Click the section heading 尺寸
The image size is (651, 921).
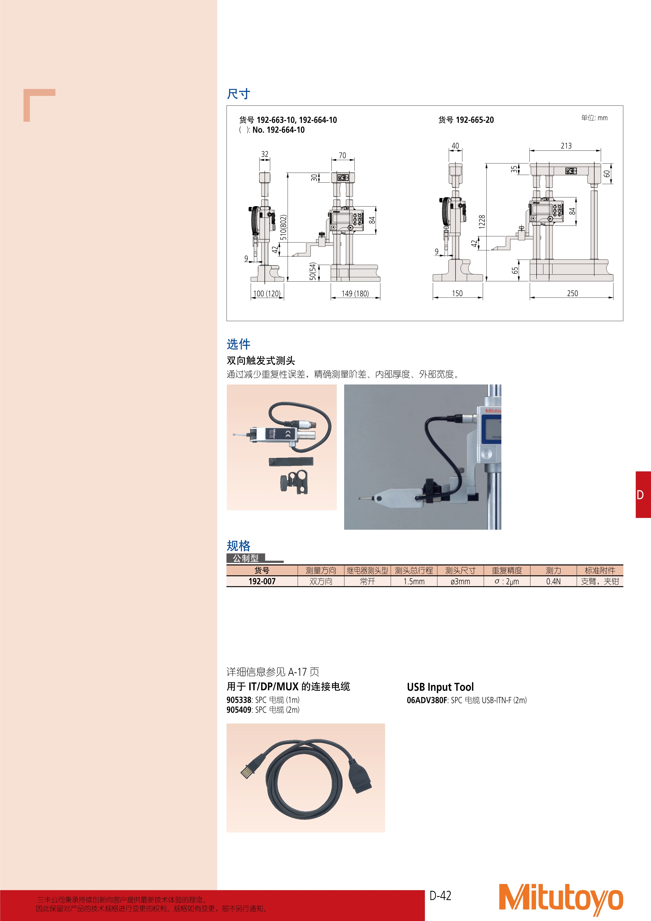click(x=239, y=94)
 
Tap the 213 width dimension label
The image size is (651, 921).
click(x=566, y=145)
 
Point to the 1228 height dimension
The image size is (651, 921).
click(x=482, y=222)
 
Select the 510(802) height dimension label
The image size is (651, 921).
click(x=283, y=227)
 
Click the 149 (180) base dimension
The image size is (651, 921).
click(x=355, y=293)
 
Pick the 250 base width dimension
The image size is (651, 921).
click(x=573, y=293)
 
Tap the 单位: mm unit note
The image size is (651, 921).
click(x=594, y=118)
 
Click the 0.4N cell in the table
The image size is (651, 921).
click(x=553, y=581)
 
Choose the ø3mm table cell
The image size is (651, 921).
click(x=460, y=581)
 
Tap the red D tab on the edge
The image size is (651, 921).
click(x=643, y=495)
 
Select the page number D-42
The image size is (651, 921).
click(x=440, y=896)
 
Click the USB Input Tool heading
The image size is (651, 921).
click(x=440, y=687)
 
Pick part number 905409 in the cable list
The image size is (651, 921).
click(x=239, y=710)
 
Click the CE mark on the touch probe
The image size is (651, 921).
click(x=288, y=434)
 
